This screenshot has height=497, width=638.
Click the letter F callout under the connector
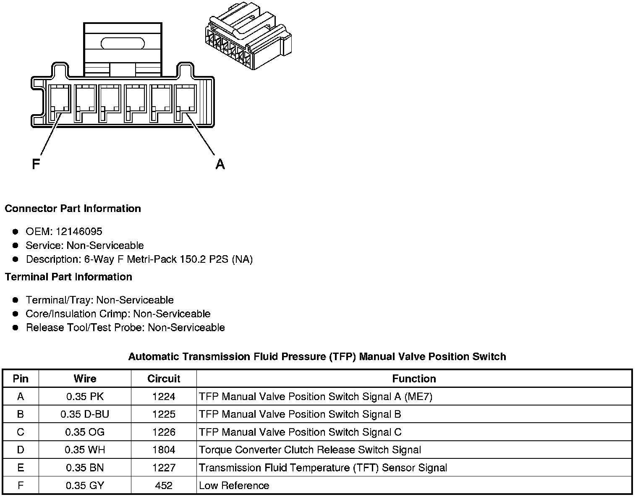click(x=36, y=163)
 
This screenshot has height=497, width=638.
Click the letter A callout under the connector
click(x=220, y=164)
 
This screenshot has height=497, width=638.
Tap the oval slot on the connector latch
click(x=123, y=43)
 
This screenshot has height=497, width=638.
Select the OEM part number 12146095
click(x=79, y=232)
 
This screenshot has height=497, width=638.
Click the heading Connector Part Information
click(x=73, y=209)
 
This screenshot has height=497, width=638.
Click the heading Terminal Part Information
click(x=68, y=277)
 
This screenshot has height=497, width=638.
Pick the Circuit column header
click(x=164, y=379)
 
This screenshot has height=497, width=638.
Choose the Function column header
click(x=414, y=379)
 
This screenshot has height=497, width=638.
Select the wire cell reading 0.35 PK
click(x=85, y=397)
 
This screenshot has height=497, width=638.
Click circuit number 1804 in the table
click(x=164, y=450)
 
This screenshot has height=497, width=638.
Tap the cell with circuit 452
click(x=164, y=486)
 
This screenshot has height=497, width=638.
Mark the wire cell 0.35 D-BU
click(x=85, y=414)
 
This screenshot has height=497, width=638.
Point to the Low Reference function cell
click(x=234, y=486)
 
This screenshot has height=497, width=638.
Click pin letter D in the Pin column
click(x=21, y=450)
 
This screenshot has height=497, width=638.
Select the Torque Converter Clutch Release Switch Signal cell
click(x=310, y=450)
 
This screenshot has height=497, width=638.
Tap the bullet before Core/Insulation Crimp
click(x=16, y=314)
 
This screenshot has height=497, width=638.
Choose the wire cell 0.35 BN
click(x=85, y=468)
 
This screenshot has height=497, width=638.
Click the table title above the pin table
click(x=317, y=357)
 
